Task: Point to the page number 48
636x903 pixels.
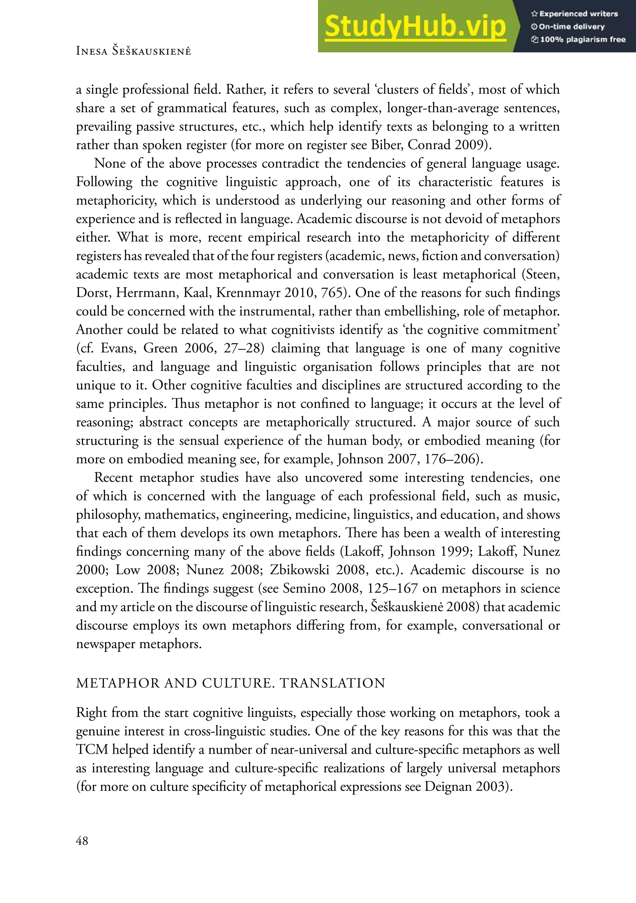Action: click(82, 841)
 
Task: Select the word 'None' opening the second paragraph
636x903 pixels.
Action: click(110, 163)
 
